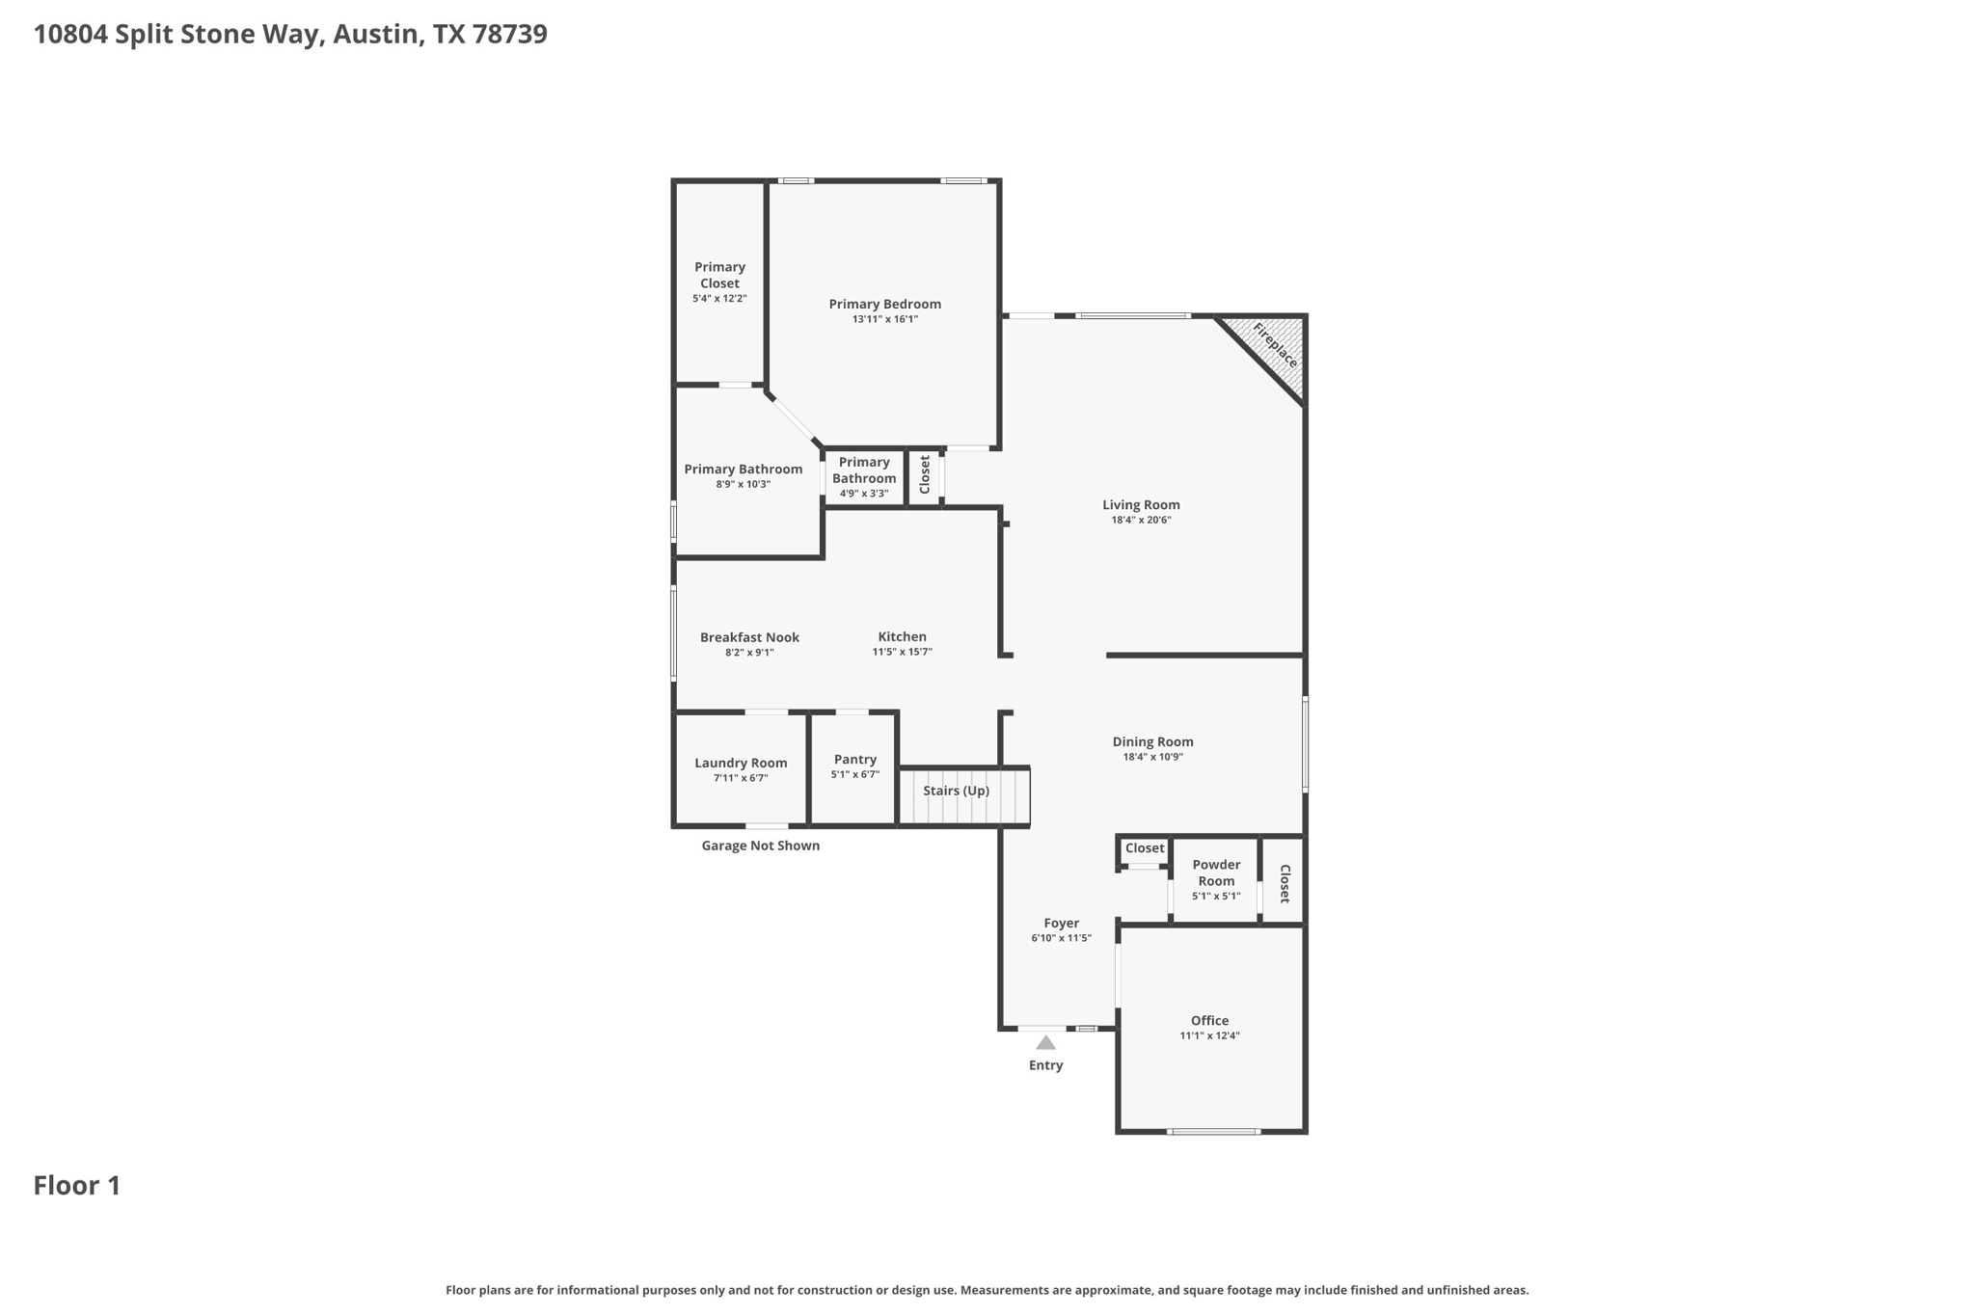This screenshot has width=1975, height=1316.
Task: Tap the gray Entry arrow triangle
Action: (1045, 1043)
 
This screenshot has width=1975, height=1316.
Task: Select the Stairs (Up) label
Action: (956, 791)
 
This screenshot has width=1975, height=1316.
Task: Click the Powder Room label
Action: (1216, 873)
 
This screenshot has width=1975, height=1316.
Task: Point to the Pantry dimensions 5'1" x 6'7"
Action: (854, 775)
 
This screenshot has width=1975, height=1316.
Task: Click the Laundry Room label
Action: (741, 763)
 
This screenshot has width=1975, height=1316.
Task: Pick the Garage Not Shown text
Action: (760, 846)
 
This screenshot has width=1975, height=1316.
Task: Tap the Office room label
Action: (1209, 1020)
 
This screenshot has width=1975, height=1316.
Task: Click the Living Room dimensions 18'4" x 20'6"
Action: (1141, 521)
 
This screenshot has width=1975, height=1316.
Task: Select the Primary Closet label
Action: (719, 275)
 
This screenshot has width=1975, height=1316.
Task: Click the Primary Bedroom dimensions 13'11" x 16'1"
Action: (884, 319)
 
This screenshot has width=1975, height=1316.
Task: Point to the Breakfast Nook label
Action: (749, 637)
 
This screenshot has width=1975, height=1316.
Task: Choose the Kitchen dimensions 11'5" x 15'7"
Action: (902, 653)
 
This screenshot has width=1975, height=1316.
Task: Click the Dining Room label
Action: (1152, 741)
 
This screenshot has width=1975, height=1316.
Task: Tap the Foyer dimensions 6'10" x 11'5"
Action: (1061, 938)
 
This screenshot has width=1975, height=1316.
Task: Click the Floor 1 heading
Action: (77, 1186)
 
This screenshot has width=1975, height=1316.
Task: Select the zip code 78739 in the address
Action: (510, 35)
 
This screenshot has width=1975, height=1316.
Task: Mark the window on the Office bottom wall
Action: (1213, 1131)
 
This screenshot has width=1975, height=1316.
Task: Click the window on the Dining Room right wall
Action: (1305, 744)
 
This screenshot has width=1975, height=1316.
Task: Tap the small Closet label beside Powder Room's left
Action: (1145, 848)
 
